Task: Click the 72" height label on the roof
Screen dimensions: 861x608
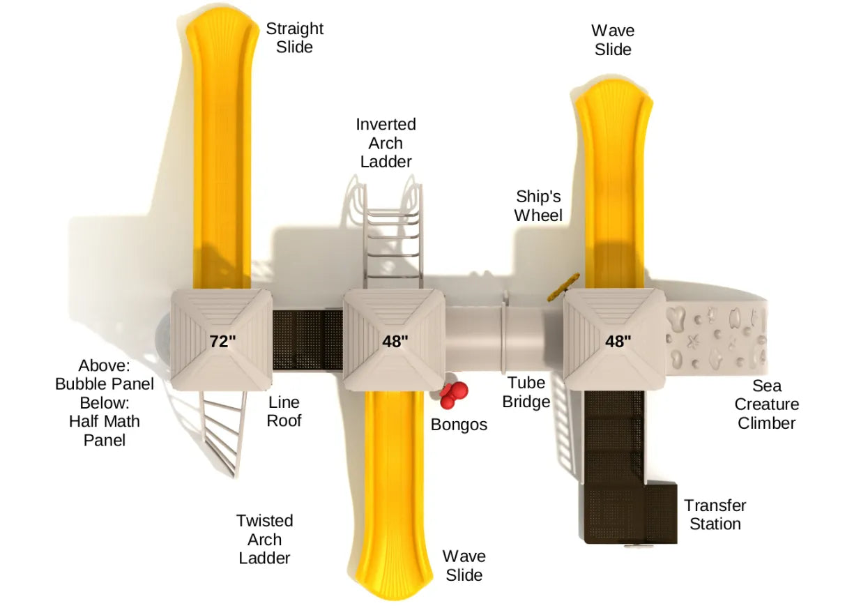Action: point(222,341)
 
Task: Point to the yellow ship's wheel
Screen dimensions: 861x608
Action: point(563,287)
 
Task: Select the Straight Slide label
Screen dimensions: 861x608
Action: point(294,38)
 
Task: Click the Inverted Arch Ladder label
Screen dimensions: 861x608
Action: point(386,143)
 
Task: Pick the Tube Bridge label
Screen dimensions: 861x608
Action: point(526,392)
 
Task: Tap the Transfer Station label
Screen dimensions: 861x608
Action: point(715,515)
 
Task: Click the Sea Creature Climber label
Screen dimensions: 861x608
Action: point(766,404)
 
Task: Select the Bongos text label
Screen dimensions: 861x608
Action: point(459,425)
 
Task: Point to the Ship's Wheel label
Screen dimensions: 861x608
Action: point(538,206)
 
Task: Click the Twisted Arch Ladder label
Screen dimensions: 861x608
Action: point(264,539)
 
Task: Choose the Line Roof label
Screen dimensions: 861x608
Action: point(284,411)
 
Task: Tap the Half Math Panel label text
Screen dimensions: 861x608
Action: point(104,430)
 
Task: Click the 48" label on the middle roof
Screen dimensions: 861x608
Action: point(395,341)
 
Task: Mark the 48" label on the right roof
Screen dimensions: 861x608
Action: point(618,341)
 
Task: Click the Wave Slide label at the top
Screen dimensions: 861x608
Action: point(613,40)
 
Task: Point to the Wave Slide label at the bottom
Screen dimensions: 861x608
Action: point(464,565)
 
